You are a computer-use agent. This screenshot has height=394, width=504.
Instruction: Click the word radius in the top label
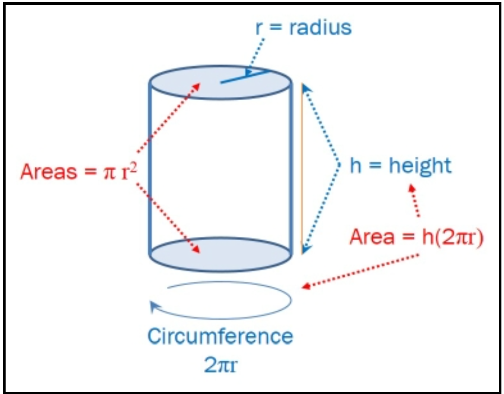[x=320, y=28]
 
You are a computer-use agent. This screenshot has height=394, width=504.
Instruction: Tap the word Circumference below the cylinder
[x=220, y=337]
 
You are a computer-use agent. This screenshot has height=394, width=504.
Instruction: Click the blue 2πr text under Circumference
[x=222, y=364]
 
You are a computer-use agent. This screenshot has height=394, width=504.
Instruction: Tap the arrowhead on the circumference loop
[x=153, y=306]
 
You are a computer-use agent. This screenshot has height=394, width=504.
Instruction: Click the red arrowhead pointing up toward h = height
[x=412, y=188]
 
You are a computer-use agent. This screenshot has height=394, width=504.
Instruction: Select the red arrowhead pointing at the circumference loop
[x=307, y=287]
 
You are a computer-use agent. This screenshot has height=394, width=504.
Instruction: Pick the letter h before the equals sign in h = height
[x=355, y=166]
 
